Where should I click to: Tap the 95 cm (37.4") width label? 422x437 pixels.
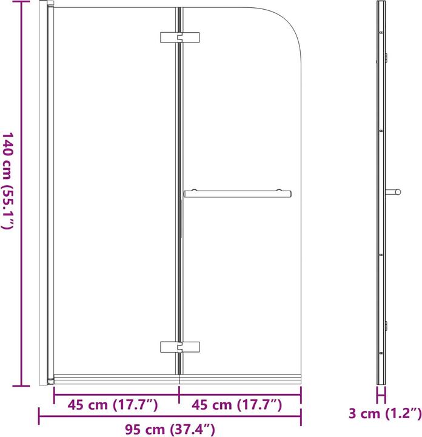coord(170,430)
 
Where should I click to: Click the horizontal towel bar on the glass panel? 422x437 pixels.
coord(237,194)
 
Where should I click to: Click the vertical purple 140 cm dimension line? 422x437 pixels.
coord(22,194)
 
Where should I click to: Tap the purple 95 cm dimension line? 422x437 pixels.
coord(170,416)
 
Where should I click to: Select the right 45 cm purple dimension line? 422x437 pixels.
coord(240,393)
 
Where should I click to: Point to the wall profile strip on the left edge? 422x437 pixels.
coord(45,194)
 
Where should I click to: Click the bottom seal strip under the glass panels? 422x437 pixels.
coord(176,380)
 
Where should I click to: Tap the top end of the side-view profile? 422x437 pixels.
coord(381,4)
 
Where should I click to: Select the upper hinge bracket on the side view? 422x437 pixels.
coord(386,59)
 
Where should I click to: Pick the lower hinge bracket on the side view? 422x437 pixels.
coord(386,326)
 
